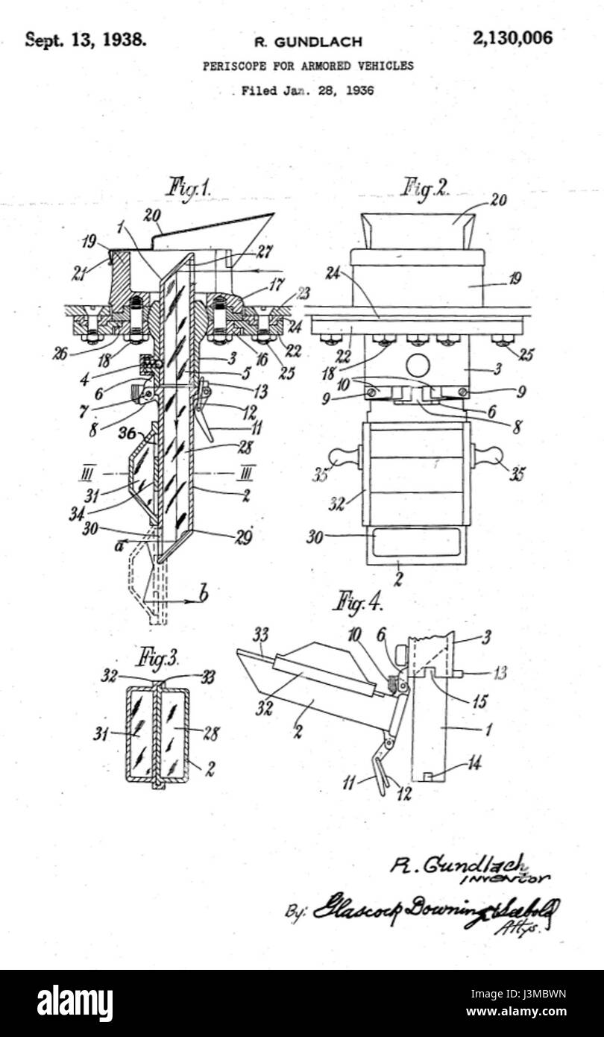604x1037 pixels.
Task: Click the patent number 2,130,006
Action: [512, 39]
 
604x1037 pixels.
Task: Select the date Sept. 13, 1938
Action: [86, 40]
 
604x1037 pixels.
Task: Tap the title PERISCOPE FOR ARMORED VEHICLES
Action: [308, 66]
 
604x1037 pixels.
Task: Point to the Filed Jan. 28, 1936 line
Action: [307, 91]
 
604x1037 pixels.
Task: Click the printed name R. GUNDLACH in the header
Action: [307, 41]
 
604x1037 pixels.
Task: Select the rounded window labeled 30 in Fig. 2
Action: [415, 542]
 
